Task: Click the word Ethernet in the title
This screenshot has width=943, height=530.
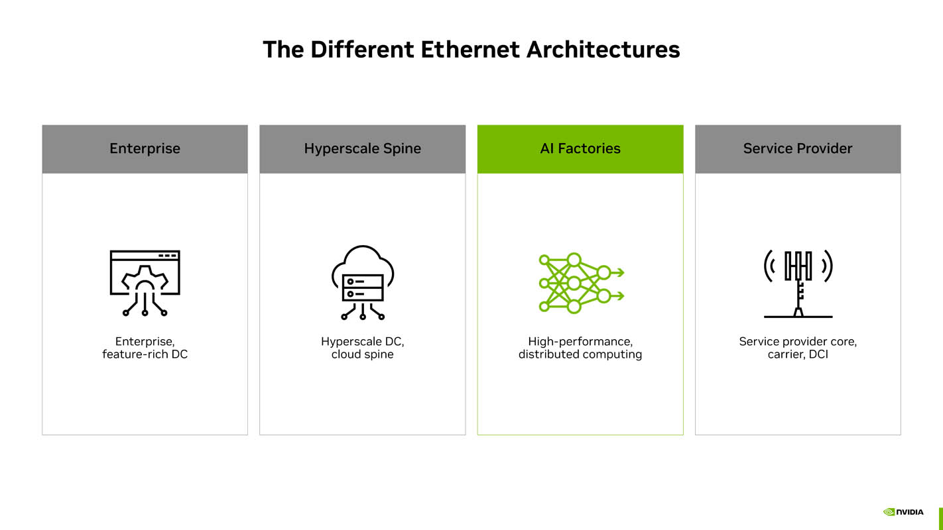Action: pyautogui.click(x=470, y=50)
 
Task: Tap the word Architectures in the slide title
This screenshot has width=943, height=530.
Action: pyautogui.click(x=603, y=50)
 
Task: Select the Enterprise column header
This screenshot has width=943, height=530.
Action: pyautogui.click(x=145, y=148)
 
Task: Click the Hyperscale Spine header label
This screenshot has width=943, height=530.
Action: pyautogui.click(x=363, y=148)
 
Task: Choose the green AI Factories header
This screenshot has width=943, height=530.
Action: pyautogui.click(x=580, y=148)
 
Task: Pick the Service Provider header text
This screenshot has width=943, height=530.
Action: pyautogui.click(x=798, y=148)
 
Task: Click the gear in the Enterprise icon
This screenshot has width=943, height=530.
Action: pyautogui.click(x=145, y=280)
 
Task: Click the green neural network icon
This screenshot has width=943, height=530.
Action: pyautogui.click(x=582, y=283)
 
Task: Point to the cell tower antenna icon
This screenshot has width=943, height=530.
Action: pyautogui.click(x=798, y=284)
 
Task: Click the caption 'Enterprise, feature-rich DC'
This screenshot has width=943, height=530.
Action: pyautogui.click(x=145, y=348)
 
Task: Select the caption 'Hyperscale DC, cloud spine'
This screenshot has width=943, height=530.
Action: pyautogui.click(x=363, y=348)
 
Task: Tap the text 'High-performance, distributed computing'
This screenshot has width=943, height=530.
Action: pyautogui.click(x=580, y=348)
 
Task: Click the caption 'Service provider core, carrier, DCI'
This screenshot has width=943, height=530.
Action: pyautogui.click(x=798, y=348)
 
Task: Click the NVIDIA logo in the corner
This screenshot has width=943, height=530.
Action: pyautogui.click(x=903, y=512)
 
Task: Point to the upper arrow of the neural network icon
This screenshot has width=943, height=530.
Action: pyautogui.click(x=617, y=272)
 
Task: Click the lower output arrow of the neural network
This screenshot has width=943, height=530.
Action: pyautogui.click(x=617, y=296)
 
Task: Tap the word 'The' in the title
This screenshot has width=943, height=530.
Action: pyautogui.click(x=283, y=50)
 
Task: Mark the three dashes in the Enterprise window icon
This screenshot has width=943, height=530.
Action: pyautogui.click(x=167, y=256)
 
